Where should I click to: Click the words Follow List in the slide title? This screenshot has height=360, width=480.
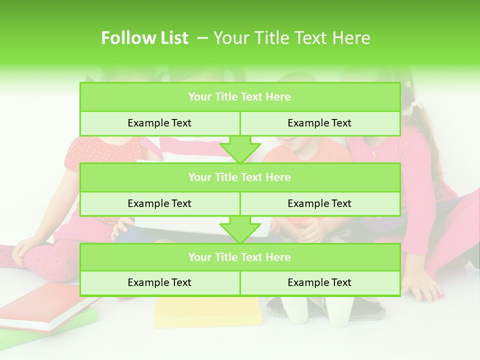(144, 38)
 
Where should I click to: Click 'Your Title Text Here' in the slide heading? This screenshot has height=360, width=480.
(291, 38)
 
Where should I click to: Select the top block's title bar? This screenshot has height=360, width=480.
(239, 97)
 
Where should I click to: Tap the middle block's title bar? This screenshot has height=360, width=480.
(239, 177)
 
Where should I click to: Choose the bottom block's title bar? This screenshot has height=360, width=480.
(239, 257)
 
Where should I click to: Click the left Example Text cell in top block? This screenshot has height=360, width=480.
(159, 123)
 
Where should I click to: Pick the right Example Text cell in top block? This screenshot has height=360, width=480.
(319, 123)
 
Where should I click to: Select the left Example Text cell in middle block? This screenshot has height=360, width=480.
(159, 204)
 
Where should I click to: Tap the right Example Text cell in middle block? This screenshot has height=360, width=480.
(319, 204)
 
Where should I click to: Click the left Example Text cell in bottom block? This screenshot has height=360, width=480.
(159, 283)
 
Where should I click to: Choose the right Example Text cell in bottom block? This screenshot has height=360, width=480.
(319, 283)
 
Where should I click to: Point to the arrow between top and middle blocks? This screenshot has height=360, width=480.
(240, 149)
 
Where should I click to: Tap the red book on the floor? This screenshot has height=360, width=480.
(45, 305)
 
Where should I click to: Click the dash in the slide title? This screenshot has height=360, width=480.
(202, 38)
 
